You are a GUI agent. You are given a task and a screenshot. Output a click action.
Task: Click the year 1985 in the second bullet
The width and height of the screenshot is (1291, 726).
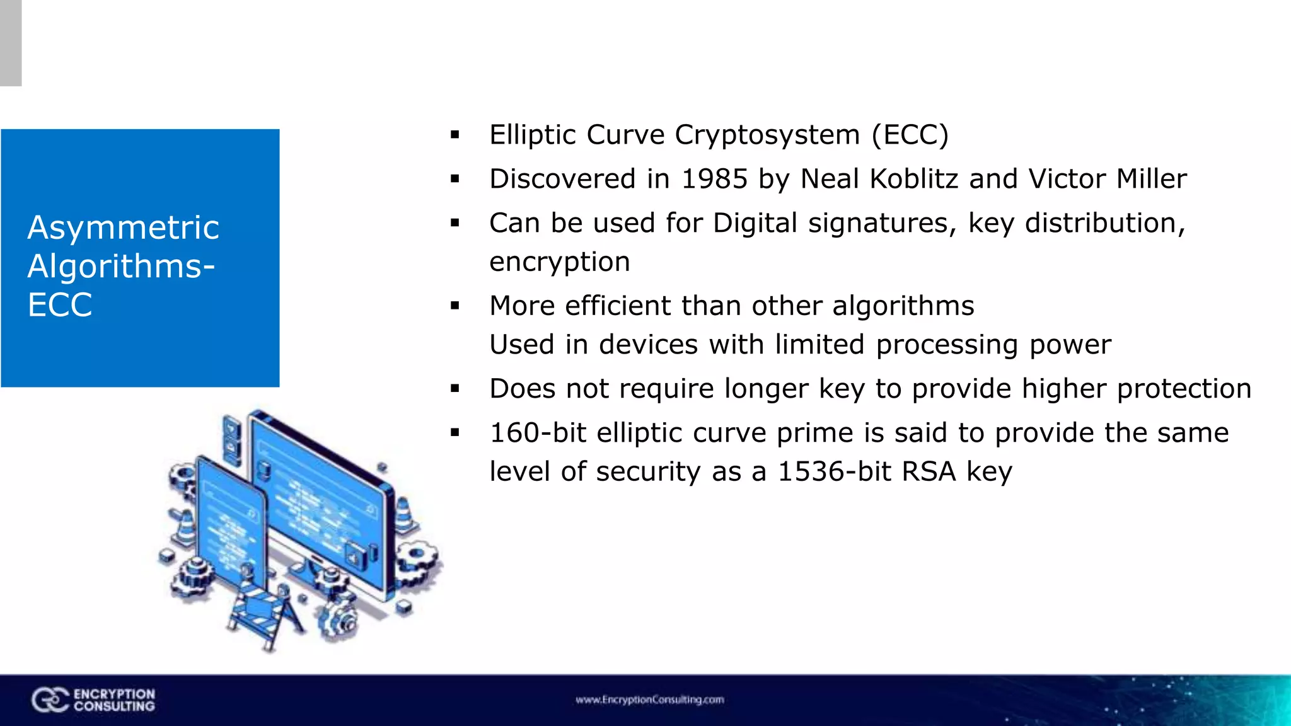714,179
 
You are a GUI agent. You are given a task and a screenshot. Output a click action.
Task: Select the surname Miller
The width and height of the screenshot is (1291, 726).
1151,179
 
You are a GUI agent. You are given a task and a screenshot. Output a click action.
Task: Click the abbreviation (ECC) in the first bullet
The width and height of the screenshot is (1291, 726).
910,135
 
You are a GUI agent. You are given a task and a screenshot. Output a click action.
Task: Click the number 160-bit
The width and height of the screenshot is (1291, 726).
538,433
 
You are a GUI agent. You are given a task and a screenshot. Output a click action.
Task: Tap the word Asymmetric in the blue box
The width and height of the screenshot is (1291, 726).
124,228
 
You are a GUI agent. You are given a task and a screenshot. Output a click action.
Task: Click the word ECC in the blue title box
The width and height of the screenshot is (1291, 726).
60,305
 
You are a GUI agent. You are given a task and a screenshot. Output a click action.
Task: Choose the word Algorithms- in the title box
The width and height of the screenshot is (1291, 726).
121,266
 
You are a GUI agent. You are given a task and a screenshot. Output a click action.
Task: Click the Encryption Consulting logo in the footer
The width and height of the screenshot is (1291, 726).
93,700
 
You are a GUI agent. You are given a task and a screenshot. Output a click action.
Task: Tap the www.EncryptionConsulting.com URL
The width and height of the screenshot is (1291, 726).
649,700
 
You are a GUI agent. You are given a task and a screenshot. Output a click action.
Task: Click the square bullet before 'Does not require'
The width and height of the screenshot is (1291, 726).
455,389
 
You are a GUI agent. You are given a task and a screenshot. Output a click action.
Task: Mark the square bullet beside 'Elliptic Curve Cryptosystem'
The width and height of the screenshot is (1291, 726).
455,135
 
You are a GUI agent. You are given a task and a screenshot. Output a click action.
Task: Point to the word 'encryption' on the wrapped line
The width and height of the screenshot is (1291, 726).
559,262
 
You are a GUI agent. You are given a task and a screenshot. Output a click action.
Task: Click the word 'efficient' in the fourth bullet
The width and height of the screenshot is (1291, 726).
617,306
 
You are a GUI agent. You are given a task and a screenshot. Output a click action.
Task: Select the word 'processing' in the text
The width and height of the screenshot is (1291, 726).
947,345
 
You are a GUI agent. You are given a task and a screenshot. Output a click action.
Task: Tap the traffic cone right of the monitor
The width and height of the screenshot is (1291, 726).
404,514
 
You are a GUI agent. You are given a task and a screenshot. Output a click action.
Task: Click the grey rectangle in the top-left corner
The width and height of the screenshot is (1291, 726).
11,43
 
